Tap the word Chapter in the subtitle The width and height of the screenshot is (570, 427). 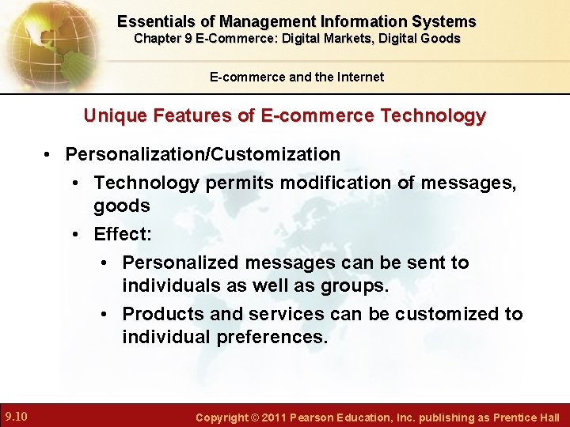157,38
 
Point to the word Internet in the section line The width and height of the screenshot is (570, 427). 360,77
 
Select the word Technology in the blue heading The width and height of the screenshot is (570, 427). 433,116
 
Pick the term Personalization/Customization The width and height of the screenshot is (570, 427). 203,153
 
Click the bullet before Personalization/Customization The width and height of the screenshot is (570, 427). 49,154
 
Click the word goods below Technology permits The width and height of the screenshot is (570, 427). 121,206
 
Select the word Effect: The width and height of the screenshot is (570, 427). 122,234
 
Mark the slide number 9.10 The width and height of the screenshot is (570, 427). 17,416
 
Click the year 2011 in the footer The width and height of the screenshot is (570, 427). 272,417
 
